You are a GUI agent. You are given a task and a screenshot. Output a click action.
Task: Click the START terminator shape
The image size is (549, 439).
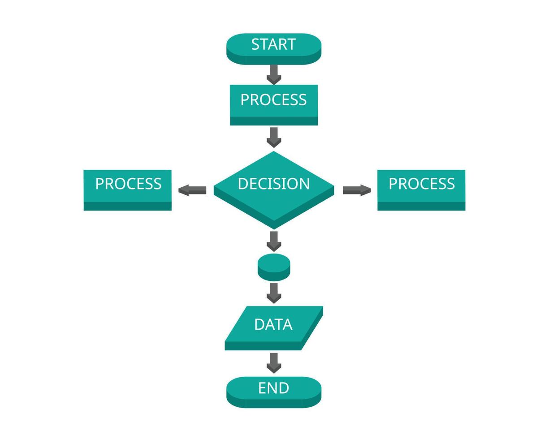pos(274,48)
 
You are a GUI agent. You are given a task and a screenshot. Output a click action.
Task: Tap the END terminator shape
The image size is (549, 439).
pos(274,392)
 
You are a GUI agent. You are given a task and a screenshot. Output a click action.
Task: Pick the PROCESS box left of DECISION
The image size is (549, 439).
pos(128,190)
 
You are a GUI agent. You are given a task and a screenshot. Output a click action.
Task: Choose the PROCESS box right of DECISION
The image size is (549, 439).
pos(421,190)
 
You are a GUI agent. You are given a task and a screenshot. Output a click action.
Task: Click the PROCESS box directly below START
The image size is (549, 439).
pos(274,105)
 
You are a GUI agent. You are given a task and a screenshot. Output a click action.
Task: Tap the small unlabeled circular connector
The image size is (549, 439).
pos(274,267)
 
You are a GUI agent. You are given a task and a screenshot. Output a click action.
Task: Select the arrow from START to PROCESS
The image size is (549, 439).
pos(274,74)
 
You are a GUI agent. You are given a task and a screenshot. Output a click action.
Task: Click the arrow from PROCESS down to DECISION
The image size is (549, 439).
pos(274,137)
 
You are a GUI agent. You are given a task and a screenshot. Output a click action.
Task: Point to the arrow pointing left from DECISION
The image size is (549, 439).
pos(192,190)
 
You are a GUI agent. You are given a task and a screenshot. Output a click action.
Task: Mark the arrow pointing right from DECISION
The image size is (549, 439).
pos(357,190)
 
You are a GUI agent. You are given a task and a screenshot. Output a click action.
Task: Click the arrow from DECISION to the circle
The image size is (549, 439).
pos(274,241)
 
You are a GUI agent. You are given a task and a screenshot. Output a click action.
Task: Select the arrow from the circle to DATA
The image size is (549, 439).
pos(274,293)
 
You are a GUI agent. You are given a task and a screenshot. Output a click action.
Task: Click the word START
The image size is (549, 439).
pos(274,44)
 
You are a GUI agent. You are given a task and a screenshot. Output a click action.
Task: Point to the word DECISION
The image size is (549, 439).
pos(274,184)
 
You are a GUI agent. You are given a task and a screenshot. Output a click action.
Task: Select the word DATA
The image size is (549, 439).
pos(273,324)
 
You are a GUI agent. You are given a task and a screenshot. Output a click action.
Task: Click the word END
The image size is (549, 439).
pos(274,388)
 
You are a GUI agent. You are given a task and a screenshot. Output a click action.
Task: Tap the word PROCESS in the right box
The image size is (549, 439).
pos(421,184)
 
